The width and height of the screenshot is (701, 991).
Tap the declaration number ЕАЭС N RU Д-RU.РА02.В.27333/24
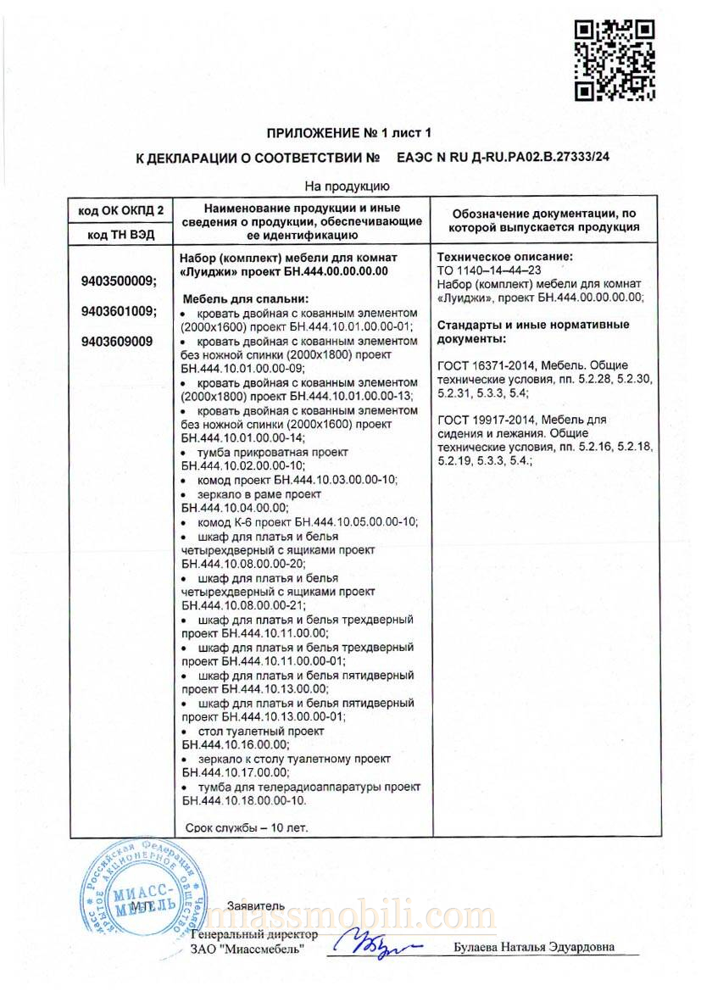pyautogui.click(x=503, y=158)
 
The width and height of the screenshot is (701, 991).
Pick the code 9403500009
pyautogui.click(x=120, y=281)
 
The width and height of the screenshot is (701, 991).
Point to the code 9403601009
pyautogui.click(x=120, y=311)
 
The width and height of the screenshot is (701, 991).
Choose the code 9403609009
pyautogui.click(x=117, y=342)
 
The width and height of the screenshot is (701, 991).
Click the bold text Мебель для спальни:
pyautogui.click(x=246, y=299)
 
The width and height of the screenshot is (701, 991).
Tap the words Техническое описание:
pyautogui.click(x=504, y=256)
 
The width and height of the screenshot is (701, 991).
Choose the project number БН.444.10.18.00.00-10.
pyautogui.click(x=242, y=800)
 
